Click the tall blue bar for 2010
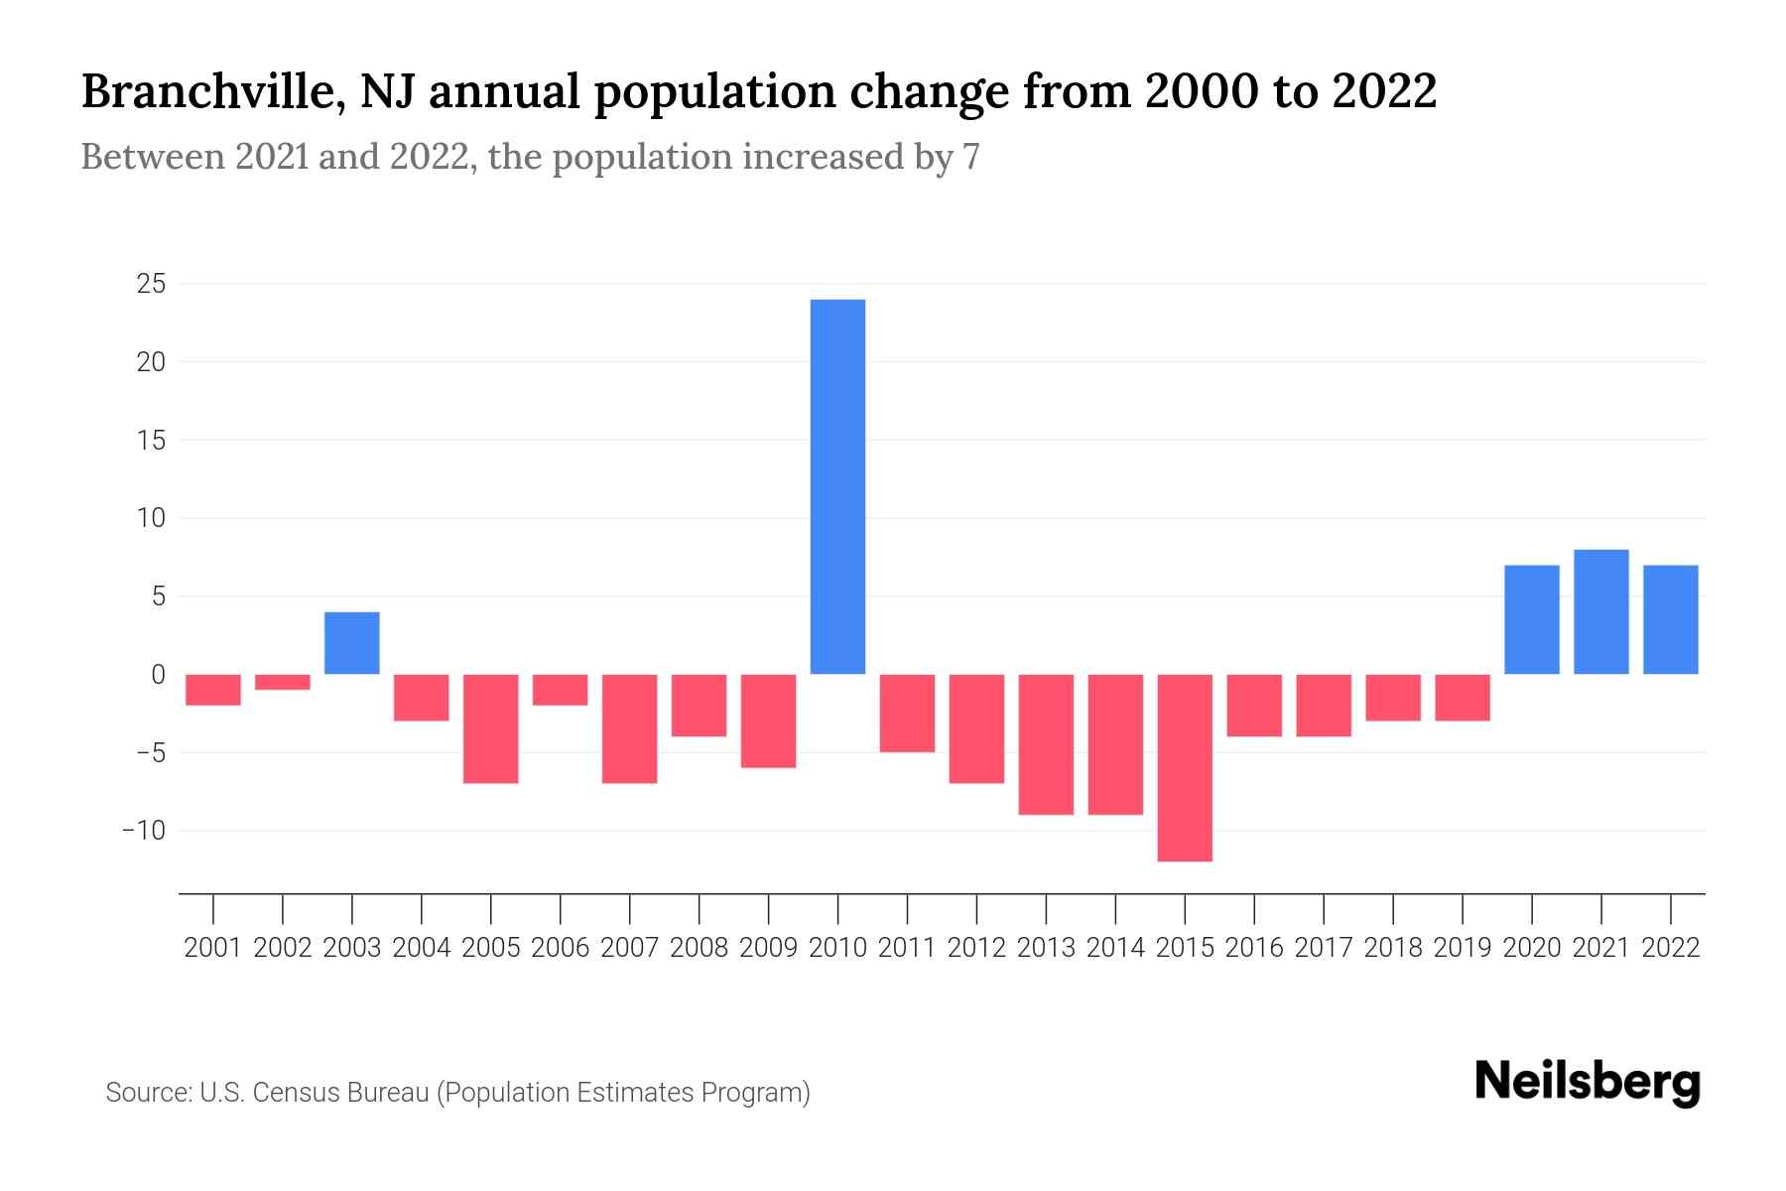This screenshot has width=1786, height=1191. (837, 486)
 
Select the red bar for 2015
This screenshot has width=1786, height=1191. (1185, 767)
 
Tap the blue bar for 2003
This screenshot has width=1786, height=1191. (352, 643)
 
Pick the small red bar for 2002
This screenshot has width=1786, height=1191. (283, 682)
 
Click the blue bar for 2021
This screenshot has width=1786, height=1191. (1601, 611)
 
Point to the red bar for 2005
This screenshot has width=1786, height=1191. (491, 728)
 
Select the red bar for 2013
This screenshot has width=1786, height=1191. (1046, 744)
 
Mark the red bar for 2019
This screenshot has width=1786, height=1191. (1463, 698)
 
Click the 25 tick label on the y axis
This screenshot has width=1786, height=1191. (151, 285)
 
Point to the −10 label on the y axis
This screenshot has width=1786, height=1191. (143, 831)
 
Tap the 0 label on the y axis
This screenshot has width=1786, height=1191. (158, 675)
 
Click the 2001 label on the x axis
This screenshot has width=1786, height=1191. (213, 948)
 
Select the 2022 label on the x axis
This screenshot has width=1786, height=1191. (1671, 948)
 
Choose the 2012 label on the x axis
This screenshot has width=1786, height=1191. (976, 948)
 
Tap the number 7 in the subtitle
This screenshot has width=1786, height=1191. (970, 157)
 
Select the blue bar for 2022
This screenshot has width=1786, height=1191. (1671, 619)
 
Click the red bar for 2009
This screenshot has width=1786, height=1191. (769, 721)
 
